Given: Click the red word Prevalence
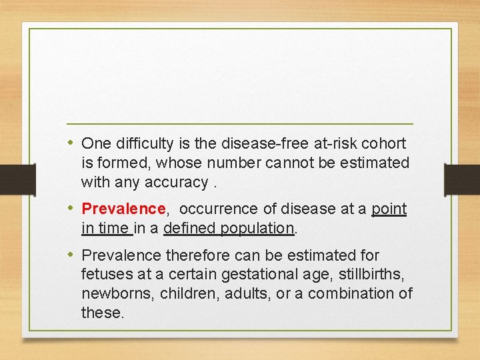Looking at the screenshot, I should click(x=123, y=209).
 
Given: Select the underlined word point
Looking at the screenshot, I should click(x=389, y=209).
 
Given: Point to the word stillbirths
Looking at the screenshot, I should click(x=369, y=274).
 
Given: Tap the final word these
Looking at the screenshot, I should click(x=103, y=313).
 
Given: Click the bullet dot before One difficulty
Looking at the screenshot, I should click(x=71, y=143).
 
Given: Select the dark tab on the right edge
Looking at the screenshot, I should click(x=462, y=179).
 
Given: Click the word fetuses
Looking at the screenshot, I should click(x=105, y=274).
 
